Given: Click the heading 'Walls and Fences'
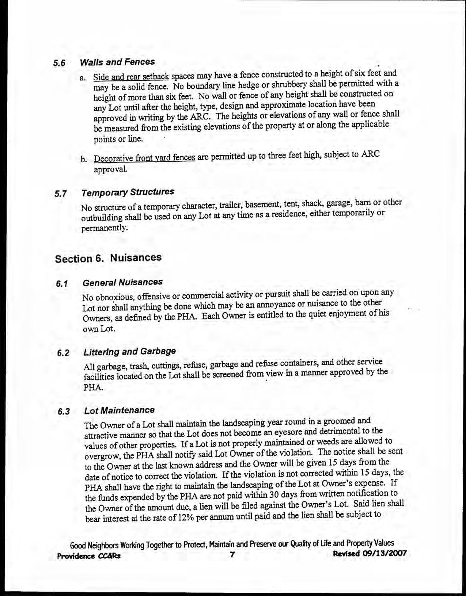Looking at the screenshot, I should point(117,62).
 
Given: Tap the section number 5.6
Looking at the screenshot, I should point(59,63).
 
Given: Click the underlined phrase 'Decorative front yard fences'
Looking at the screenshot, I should point(144,159).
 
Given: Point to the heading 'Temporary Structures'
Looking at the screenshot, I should point(128,192).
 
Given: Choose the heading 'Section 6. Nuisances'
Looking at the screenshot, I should point(108,258).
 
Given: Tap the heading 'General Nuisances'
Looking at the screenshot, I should point(123,282).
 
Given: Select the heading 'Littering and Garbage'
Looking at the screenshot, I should point(129,352).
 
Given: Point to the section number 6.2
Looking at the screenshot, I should point(63,353).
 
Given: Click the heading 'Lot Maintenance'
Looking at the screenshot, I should point(119,410).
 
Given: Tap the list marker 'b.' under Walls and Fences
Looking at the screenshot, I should point(84,160).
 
